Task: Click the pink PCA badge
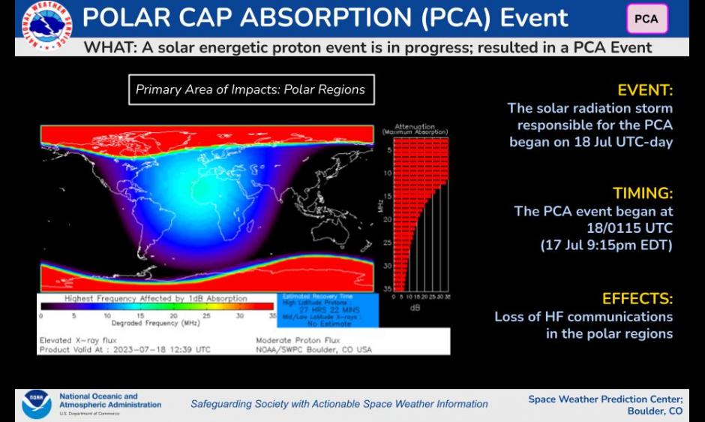click(x=646, y=19)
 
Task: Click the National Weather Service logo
click(x=46, y=27)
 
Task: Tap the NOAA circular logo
click(x=36, y=404)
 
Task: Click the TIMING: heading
click(x=643, y=193)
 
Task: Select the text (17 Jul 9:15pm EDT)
click(x=606, y=244)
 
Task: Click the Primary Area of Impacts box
click(x=250, y=89)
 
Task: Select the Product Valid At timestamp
click(x=125, y=349)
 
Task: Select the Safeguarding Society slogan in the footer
click(x=339, y=404)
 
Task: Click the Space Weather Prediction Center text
click(x=605, y=399)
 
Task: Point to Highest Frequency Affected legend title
click(x=156, y=298)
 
